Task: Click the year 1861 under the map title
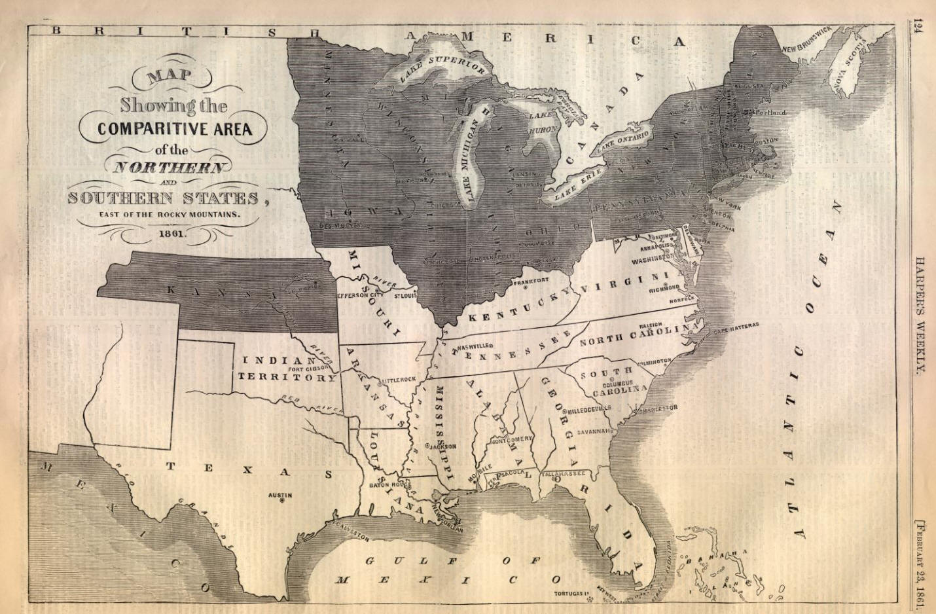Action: click(171, 232)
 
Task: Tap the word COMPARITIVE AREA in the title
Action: click(175, 128)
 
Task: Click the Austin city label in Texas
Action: click(280, 496)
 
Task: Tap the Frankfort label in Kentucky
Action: click(531, 280)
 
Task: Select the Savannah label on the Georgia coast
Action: click(594, 431)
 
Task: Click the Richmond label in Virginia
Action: click(664, 289)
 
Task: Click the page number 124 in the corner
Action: click(919, 27)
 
